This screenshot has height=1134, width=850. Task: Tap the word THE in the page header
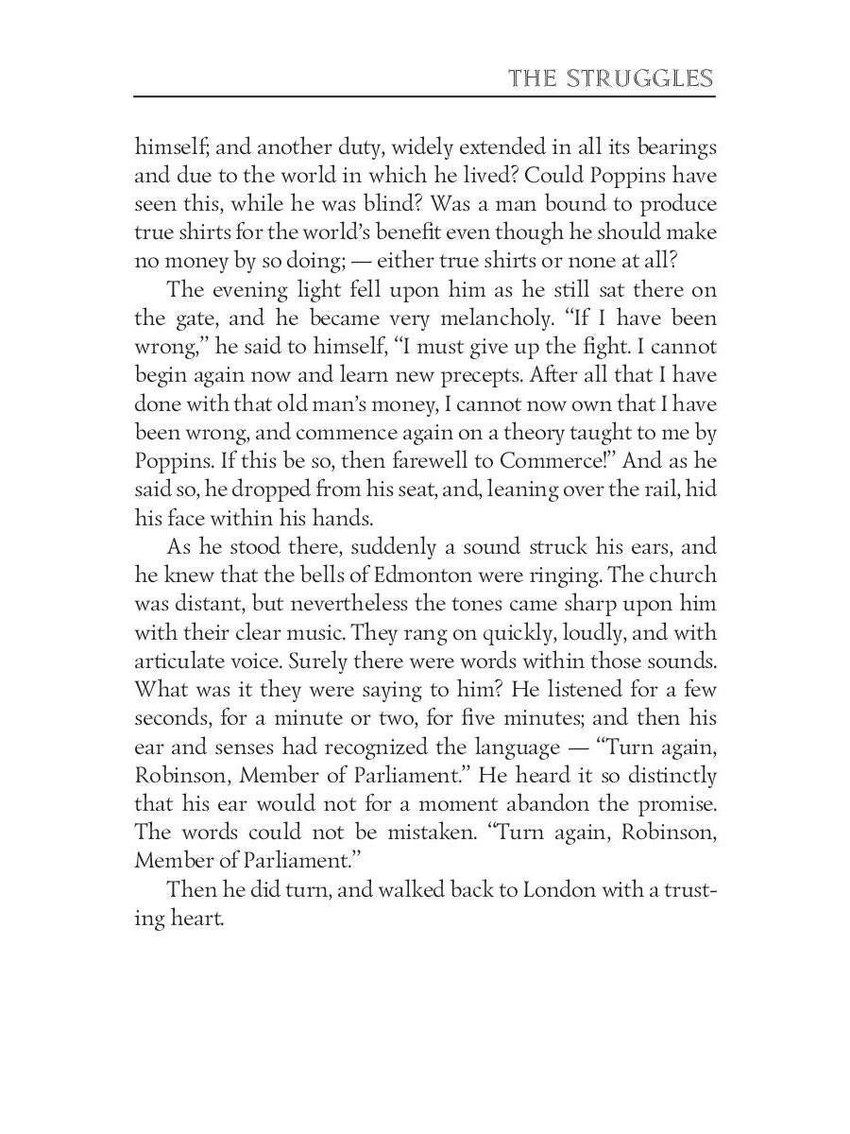click(x=532, y=77)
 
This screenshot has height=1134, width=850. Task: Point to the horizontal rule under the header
click(x=425, y=95)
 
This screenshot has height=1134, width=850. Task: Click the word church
click(x=678, y=576)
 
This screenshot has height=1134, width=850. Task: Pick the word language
click(x=511, y=747)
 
